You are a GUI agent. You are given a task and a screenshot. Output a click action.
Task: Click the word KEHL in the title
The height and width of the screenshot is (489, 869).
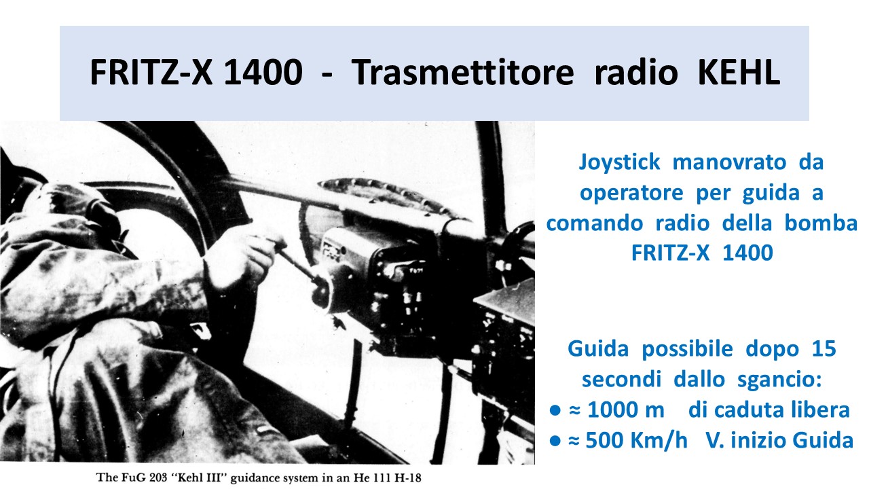[x=739, y=72]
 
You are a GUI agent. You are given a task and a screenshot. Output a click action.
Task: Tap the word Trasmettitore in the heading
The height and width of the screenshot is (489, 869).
[x=462, y=72]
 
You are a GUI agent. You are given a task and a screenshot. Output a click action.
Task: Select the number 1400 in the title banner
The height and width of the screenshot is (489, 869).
[x=263, y=72]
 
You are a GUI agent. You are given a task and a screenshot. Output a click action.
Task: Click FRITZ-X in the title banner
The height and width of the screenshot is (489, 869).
[x=151, y=72]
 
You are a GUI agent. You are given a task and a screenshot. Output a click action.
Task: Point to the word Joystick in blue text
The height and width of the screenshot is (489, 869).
[x=619, y=162]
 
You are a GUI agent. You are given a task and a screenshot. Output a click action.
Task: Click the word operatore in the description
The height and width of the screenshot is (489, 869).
[x=631, y=192]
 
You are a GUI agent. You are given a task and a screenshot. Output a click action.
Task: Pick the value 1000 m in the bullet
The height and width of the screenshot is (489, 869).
[x=626, y=410]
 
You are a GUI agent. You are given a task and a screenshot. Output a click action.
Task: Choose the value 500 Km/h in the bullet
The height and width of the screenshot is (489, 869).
[x=636, y=441]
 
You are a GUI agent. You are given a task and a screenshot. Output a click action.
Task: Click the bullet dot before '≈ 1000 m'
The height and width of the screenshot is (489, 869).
[x=555, y=410]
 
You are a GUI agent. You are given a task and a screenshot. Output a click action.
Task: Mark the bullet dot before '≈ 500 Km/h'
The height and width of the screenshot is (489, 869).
[x=555, y=441]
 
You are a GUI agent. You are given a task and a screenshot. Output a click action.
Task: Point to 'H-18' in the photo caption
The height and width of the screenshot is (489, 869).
[x=407, y=477]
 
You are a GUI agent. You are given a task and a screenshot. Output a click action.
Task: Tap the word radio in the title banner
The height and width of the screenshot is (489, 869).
[x=636, y=72]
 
